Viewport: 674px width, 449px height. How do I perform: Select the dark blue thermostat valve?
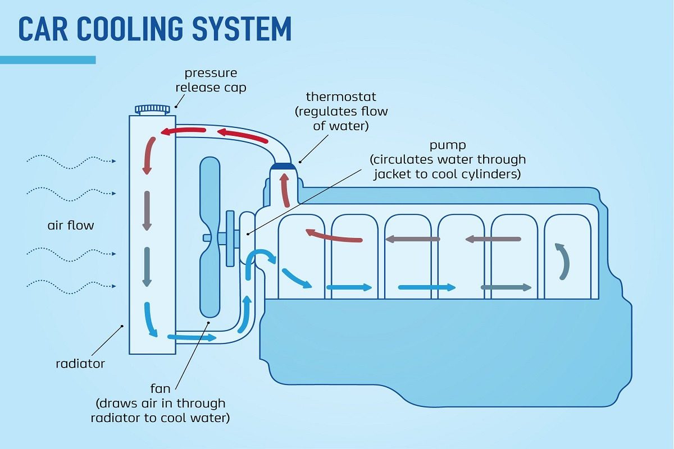(x=284, y=166)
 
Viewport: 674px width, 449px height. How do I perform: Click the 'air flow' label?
(x=71, y=226)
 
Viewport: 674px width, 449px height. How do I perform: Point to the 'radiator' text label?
(x=80, y=364)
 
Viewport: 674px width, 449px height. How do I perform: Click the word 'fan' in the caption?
(x=161, y=388)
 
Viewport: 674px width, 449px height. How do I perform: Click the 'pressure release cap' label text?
(x=211, y=80)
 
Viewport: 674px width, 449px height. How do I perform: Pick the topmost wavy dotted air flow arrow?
(x=71, y=161)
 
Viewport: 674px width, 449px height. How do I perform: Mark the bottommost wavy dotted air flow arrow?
(x=71, y=287)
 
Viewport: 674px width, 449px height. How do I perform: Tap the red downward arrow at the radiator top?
(x=149, y=155)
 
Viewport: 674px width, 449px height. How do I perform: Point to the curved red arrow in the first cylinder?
(x=334, y=236)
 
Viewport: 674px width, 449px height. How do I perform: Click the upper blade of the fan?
(x=210, y=191)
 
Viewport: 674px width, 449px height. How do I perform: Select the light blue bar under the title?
(x=48, y=59)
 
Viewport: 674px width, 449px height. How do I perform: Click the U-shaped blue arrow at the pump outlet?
(x=261, y=259)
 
